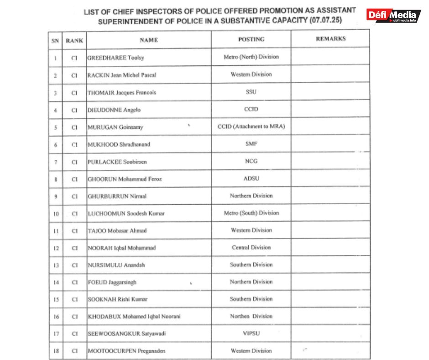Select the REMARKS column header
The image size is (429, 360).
pos(330,39)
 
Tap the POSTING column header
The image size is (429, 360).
pos(251,39)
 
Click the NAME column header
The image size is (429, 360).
pos(149,40)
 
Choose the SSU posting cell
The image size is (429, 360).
pos(251,92)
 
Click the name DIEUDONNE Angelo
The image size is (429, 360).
pos(114,110)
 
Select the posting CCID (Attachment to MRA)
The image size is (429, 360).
pos(251,127)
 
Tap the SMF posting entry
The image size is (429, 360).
pos(251,144)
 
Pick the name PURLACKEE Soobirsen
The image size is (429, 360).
pos(117,162)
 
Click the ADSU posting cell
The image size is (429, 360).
pos(251,179)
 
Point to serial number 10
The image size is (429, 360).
pos(55,214)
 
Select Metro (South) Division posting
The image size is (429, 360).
pos(251,213)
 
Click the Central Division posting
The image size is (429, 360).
pos(251,247)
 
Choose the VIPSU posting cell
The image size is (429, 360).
pos(251,334)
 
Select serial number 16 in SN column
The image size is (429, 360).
pos(55,317)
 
